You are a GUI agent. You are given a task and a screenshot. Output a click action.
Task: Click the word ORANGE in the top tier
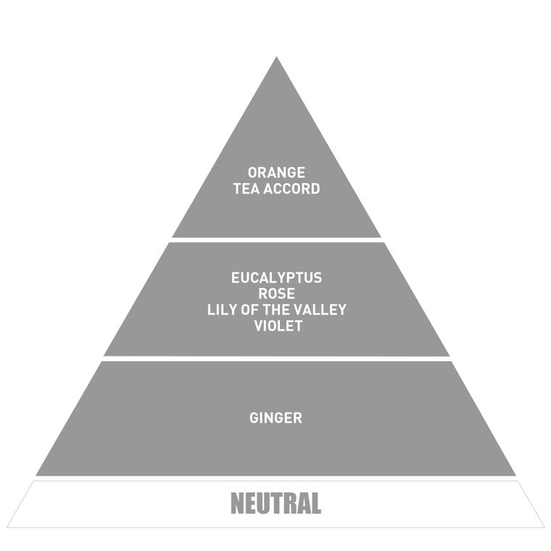276,173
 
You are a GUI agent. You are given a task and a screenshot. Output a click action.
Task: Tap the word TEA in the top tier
246,188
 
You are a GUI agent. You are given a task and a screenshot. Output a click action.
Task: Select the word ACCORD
291,188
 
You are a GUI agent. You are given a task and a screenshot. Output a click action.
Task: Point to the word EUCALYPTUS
276,278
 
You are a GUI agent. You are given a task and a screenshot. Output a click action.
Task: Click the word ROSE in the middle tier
276,294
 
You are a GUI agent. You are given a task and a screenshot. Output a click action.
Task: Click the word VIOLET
278,326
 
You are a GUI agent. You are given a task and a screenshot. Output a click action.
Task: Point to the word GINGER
275,418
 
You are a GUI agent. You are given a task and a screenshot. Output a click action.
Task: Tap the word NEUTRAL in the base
275,503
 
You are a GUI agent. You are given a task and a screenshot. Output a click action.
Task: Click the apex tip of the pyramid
276,57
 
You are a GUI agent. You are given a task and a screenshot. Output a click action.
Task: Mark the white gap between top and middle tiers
276,240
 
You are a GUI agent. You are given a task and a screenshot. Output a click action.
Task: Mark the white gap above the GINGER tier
276,359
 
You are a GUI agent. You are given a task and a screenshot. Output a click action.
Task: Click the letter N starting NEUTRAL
237,503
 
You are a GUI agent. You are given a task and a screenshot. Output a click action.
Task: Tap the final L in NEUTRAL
315,503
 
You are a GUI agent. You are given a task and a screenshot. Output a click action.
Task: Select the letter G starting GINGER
254,418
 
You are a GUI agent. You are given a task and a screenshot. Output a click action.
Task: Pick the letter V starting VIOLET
260,326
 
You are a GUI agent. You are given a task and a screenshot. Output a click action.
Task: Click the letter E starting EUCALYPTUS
236,278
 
